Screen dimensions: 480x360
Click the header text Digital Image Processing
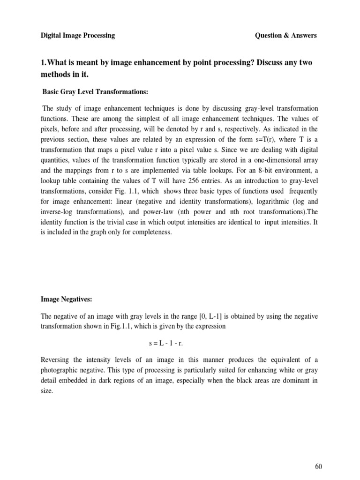pyautogui.click(x=77, y=36)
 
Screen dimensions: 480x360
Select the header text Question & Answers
pyautogui.click(x=285, y=36)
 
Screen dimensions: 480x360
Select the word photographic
pyautogui.click(x=60, y=370)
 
